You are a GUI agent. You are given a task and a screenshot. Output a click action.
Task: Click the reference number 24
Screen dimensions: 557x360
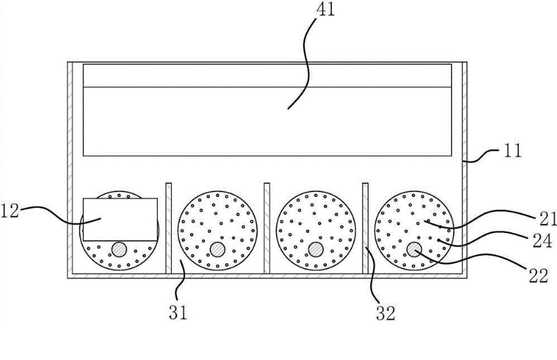pyautogui.click(x=540, y=242)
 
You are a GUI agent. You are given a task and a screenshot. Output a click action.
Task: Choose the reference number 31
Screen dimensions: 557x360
pyautogui.click(x=180, y=311)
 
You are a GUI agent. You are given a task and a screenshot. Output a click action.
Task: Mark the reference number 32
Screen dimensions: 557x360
pyautogui.click(x=386, y=311)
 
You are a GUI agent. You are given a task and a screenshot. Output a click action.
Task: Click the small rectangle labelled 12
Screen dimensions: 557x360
pyautogui.click(x=119, y=219)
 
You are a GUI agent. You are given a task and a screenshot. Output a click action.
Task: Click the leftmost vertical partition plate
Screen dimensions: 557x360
pyautogui.click(x=168, y=227)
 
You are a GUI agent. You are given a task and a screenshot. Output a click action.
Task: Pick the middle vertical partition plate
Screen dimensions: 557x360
pyautogui.click(x=267, y=227)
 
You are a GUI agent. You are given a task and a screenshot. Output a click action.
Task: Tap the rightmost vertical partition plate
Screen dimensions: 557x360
pyautogui.click(x=365, y=227)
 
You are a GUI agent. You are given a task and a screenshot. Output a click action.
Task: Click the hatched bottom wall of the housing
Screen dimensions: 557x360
pyautogui.click(x=267, y=276)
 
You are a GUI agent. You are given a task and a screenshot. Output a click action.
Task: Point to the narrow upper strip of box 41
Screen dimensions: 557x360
pyautogui.click(x=267, y=75)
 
